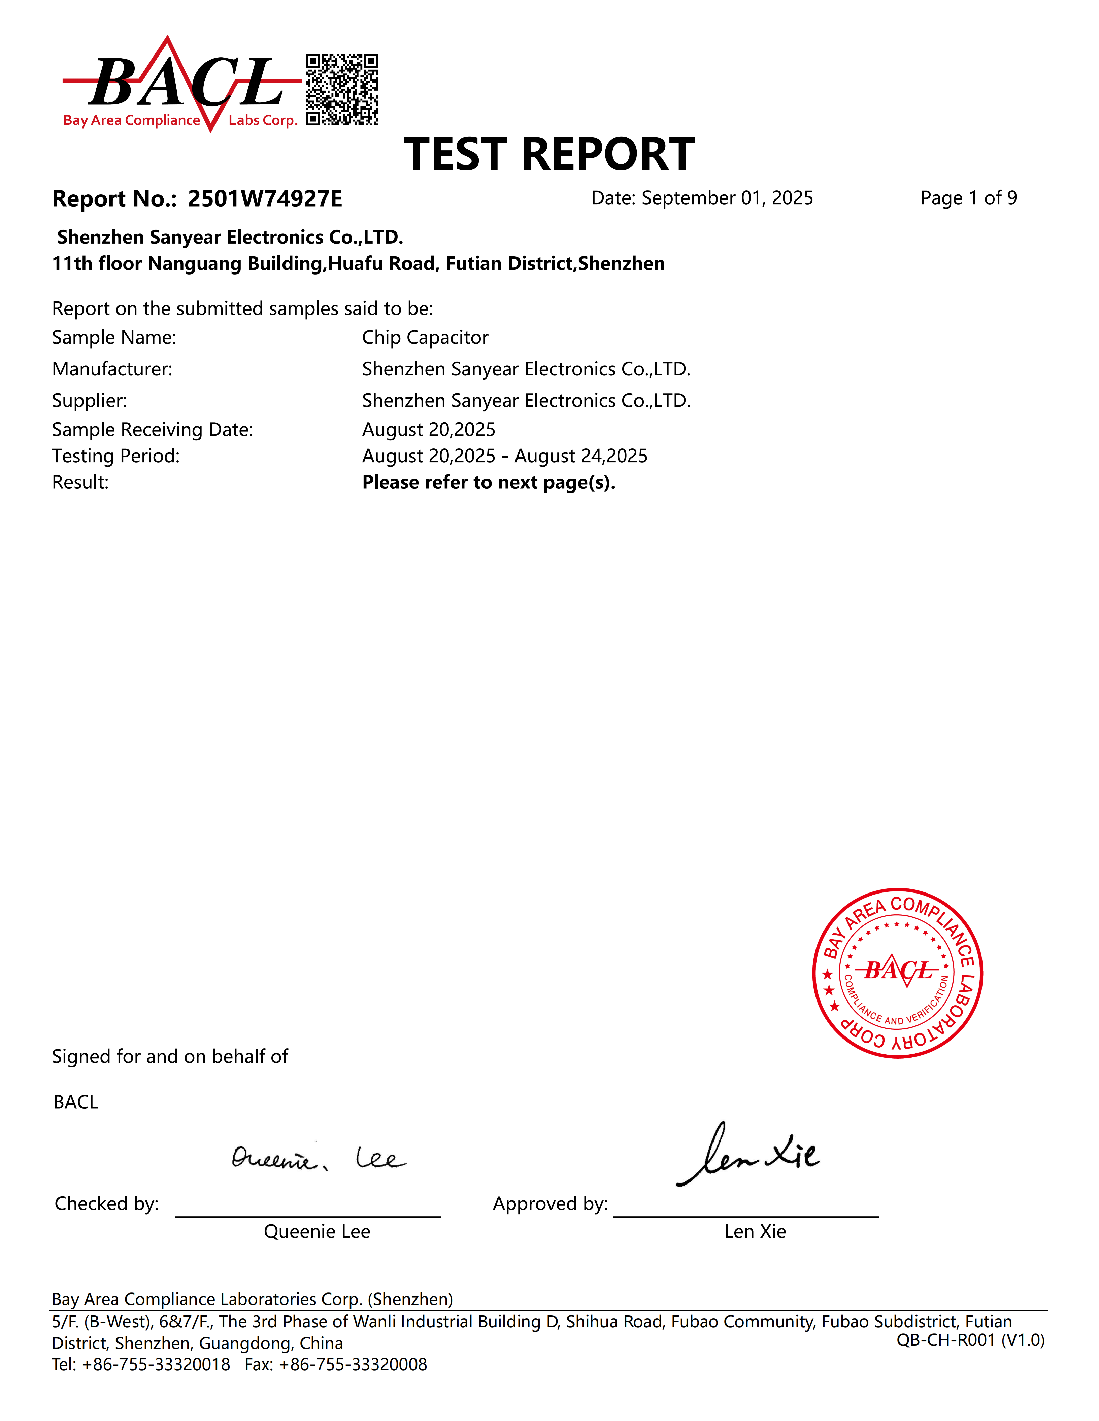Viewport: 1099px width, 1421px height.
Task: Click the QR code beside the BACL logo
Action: pyautogui.click(x=342, y=90)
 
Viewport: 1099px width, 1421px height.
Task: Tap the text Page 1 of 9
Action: pyautogui.click(x=968, y=198)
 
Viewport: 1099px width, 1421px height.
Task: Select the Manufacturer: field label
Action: pyautogui.click(x=112, y=369)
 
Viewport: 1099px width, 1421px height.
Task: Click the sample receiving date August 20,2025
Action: pyautogui.click(x=428, y=429)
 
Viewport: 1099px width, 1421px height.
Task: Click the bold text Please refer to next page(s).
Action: pyautogui.click(x=488, y=483)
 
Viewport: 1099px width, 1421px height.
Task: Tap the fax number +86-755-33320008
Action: pyautogui.click(x=352, y=1364)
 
